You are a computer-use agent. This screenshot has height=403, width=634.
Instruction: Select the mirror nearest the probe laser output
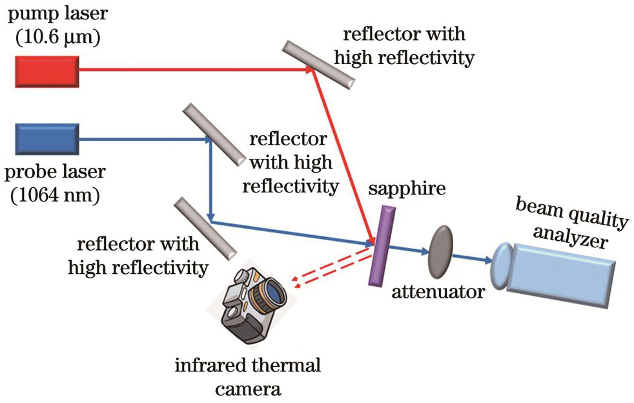[x=213, y=133]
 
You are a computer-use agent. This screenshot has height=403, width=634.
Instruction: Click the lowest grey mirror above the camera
[x=203, y=228]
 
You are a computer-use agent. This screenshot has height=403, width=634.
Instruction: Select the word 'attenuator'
[x=438, y=291]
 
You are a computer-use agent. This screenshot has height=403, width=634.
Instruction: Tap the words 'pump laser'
[x=50, y=14]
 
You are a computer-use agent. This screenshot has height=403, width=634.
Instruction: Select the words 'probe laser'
[x=54, y=173]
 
